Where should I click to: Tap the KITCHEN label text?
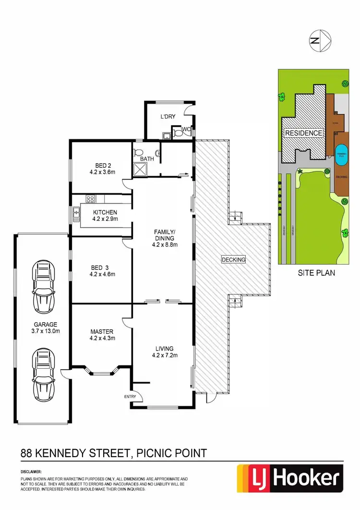coord(105,212)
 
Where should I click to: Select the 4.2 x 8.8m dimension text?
coord(163,244)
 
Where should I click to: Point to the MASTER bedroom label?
coord(101,332)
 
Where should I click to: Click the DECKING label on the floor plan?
coord(233,260)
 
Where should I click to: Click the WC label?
coord(186,129)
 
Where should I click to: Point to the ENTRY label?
coord(130,397)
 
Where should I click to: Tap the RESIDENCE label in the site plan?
coord(304,133)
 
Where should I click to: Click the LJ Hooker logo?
coord(290,479)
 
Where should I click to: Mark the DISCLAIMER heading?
coord(31,473)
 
